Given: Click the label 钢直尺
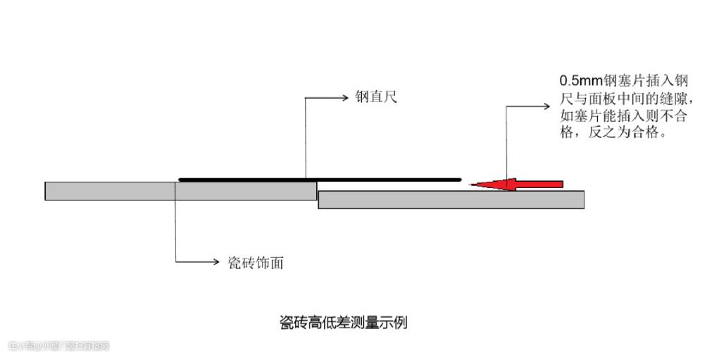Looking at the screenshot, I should click(376, 97).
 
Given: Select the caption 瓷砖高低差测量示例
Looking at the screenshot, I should click(344, 323).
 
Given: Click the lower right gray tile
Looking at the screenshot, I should click(451, 199).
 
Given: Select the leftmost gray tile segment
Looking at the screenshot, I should click(109, 191).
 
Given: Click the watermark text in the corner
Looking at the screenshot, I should click(59, 345).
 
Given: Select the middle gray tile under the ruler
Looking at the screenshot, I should click(245, 191).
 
